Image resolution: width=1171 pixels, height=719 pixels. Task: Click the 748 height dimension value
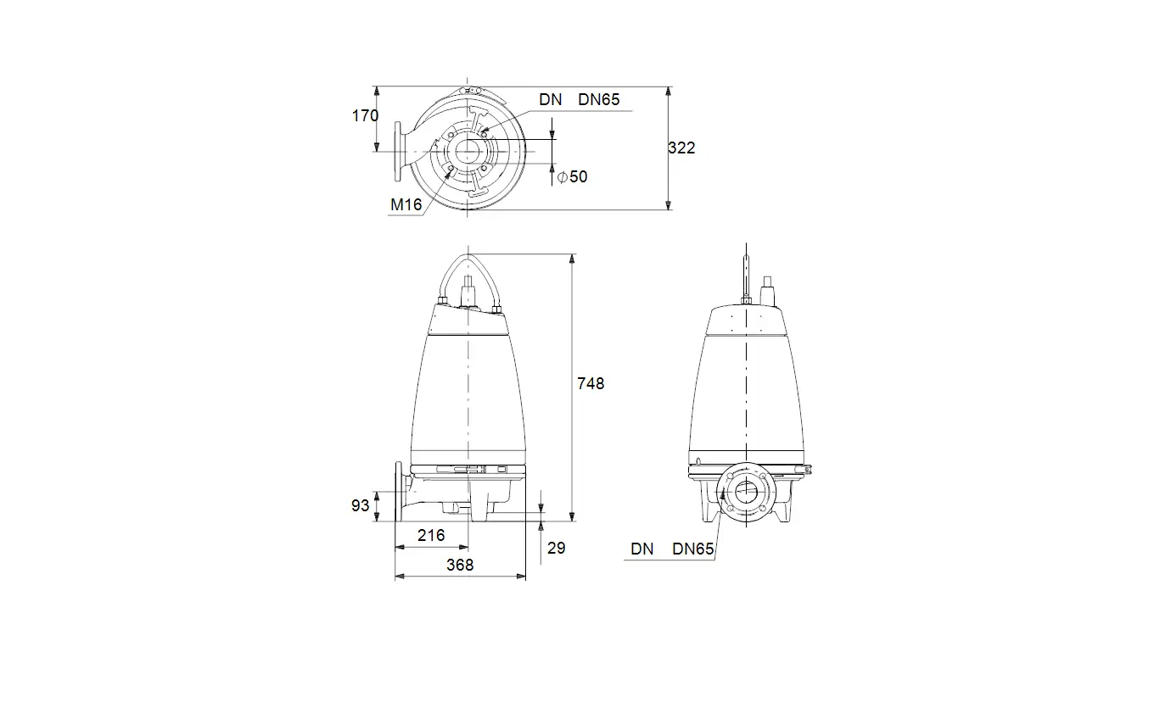click(x=591, y=383)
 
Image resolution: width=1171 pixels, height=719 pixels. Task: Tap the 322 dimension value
click(x=681, y=148)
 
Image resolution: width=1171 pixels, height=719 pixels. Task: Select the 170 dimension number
click(x=365, y=115)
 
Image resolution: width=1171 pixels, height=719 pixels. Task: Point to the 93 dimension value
click(x=360, y=505)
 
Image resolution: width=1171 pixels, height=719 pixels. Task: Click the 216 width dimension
click(x=431, y=535)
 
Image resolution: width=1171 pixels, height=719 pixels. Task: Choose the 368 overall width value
click(x=460, y=565)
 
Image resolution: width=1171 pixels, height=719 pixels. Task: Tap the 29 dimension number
click(x=557, y=548)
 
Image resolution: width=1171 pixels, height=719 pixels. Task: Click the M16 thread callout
click(x=406, y=204)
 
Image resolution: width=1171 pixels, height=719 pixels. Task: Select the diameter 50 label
click(x=572, y=176)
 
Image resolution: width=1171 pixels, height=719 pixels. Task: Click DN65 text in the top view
click(x=598, y=99)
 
